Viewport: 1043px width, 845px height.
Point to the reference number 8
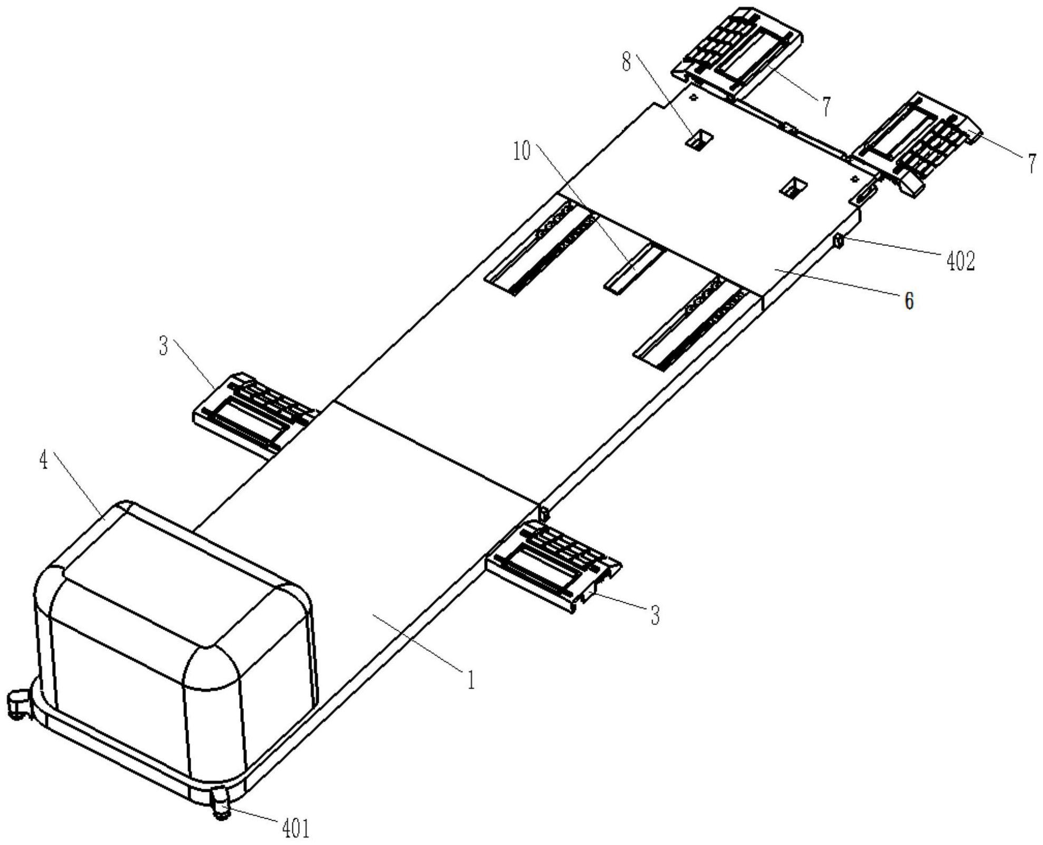(626, 63)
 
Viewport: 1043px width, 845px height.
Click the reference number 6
(909, 302)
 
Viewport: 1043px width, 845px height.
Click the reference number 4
(44, 461)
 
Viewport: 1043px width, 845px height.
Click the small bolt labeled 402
(838, 241)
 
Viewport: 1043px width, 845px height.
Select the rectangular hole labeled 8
(700, 141)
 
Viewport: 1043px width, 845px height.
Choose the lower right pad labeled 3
(553, 566)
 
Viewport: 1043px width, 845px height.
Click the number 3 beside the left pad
(163, 346)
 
